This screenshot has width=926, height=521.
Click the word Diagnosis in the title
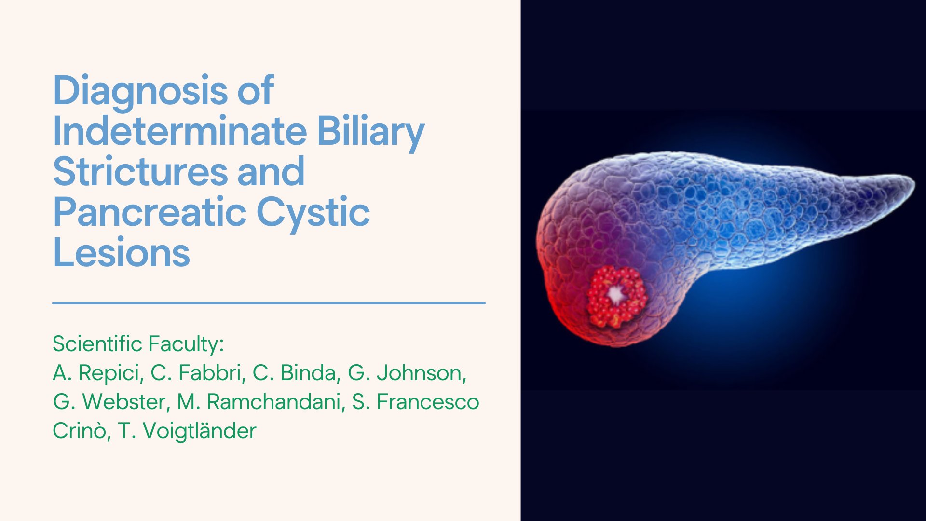pos(140,91)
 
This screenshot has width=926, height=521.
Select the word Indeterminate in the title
pos(179,131)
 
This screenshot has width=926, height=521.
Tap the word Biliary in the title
pos(370,131)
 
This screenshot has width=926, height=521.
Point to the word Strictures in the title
pos(140,172)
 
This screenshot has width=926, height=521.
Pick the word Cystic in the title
pos(313,212)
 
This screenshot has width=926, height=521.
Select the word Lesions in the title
pos(122,253)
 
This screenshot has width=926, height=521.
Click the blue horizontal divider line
pos(269,303)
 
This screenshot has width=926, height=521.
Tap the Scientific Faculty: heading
pos(138,344)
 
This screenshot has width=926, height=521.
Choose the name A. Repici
pos(98,373)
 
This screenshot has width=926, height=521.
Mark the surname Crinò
pos(79,431)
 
